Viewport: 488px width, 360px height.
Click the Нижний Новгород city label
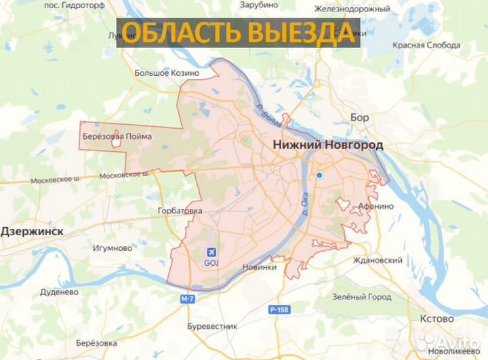point(327,145)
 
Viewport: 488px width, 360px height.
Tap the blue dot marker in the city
point(319,176)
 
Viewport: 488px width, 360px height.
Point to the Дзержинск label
point(32,231)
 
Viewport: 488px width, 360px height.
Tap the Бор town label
point(360,117)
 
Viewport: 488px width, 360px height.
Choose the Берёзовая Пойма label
point(116,136)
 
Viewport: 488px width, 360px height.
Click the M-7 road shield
point(188,299)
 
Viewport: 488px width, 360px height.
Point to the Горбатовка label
point(180,211)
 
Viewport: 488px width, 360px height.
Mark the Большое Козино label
point(166,73)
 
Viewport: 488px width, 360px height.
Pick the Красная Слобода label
point(427,45)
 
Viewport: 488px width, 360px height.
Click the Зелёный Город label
point(361,297)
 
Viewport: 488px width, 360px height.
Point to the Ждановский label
point(378,260)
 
